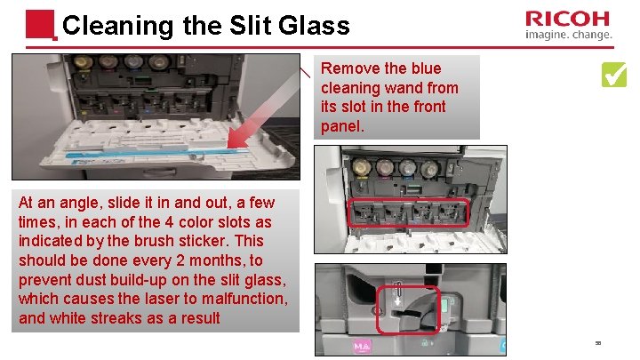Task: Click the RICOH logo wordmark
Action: coord(567,19)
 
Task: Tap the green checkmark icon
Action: coord(614,75)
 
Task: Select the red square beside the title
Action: coord(40,25)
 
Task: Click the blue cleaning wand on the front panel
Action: coord(157,153)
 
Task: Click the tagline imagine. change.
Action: coord(569,35)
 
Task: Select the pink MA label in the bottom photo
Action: coord(362,347)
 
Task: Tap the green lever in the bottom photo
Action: coord(445,305)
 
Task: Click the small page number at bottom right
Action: coord(598,343)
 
